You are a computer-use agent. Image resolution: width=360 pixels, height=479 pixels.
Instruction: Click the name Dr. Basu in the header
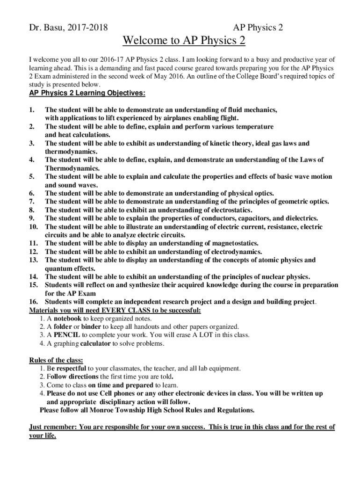point(47,28)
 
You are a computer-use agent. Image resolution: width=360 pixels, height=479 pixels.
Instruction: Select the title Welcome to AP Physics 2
point(184,41)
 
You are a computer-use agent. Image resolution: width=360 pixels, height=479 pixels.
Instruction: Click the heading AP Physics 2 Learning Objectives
point(87,93)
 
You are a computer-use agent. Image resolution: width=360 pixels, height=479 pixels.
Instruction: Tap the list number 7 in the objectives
point(32,202)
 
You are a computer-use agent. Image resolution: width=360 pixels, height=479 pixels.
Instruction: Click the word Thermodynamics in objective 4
point(65,168)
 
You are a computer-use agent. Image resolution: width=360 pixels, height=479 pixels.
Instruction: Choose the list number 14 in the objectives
point(33,277)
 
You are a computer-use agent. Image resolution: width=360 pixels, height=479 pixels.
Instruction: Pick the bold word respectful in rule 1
point(71,369)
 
